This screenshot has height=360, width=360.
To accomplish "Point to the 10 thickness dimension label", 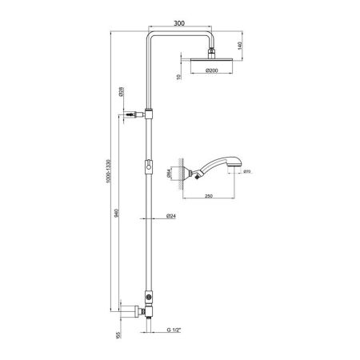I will [178, 77].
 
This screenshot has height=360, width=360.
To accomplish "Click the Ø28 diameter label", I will [119, 92].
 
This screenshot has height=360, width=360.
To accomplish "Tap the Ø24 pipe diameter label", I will [171, 217].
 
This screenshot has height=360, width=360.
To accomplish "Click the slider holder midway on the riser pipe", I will [148, 166].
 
